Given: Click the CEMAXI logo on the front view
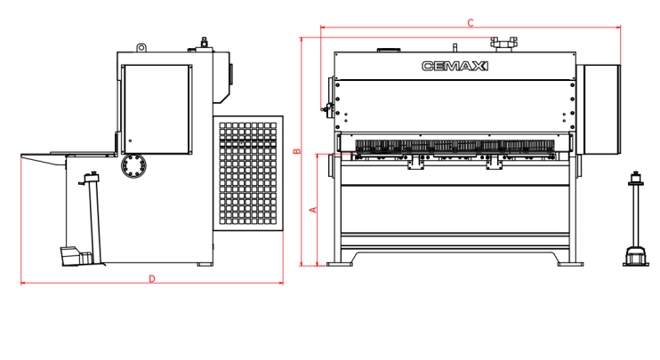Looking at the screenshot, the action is pyautogui.click(x=455, y=66).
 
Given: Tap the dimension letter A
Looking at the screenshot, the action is pyautogui.click(x=314, y=210).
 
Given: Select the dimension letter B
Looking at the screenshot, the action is pyautogui.click(x=297, y=151).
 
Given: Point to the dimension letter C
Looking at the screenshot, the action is pyautogui.click(x=471, y=23).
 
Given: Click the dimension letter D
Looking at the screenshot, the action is pyautogui.click(x=152, y=279).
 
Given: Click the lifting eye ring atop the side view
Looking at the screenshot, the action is pyautogui.click(x=141, y=47).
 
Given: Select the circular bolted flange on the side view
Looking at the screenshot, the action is pyautogui.click(x=133, y=165).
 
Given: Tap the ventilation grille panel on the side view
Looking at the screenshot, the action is pyautogui.click(x=248, y=173).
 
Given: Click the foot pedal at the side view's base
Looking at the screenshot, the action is pyautogui.click(x=76, y=256).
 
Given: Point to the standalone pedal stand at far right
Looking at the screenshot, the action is pyautogui.click(x=635, y=219).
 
